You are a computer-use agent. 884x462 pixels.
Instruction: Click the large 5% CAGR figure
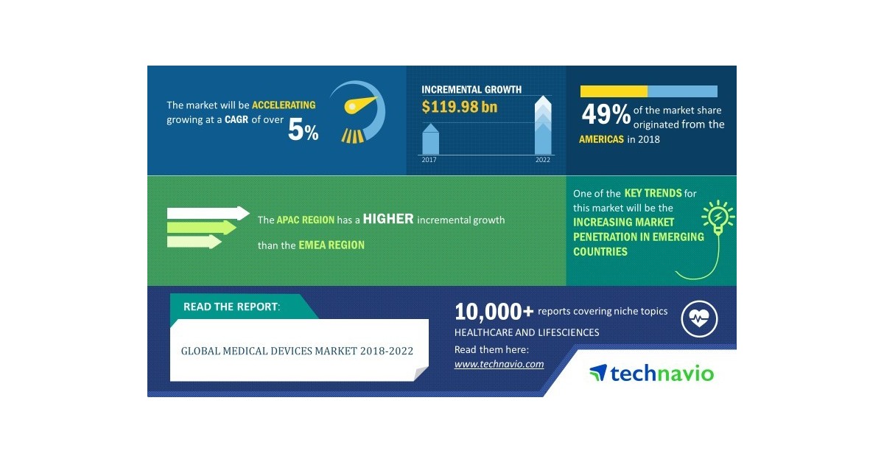(303, 130)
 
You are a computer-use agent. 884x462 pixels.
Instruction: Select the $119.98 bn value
(459, 108)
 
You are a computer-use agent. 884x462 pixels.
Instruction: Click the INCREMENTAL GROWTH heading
(471, 90)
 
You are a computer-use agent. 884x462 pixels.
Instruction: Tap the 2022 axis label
(542, 160)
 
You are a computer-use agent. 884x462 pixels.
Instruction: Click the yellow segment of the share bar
(614, 91)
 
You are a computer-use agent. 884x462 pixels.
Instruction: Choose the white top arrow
(208, 213)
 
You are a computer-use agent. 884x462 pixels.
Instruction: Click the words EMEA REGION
(331, 245)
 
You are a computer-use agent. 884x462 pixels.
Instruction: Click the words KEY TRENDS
(653, 193)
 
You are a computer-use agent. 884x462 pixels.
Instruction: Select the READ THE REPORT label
(231, 307)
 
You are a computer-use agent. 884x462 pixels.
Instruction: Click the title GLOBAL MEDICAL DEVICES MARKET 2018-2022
(297, 351)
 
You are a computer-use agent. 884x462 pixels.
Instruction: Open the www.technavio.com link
(499, 364)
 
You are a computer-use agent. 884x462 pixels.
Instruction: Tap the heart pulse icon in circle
(699, 319)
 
